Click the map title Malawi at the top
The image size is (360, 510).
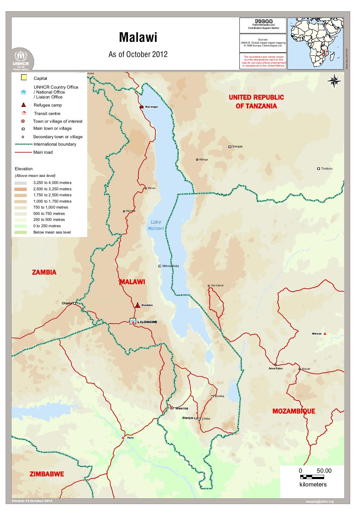coord(138,38)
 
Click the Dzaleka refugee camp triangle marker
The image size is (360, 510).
coord(137,305)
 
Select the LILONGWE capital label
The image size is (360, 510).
coord(148,322)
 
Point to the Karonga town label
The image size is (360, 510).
coord(152,107)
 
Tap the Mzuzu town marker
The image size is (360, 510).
coord(146,188)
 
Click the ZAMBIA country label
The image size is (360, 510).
coord(44,272)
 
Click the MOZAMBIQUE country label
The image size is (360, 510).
coord(294,411)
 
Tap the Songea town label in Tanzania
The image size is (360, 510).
coord(237,146)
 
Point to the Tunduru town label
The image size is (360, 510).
coord(327,168)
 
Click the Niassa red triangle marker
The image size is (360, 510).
coord(325,333)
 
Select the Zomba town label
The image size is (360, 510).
coord(219,396)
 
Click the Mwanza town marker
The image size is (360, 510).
coord(171,408)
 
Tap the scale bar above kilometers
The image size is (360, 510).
coord(312,477)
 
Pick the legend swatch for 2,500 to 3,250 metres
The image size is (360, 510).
coord(21,189)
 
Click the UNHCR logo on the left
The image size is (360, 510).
coord(23,59)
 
